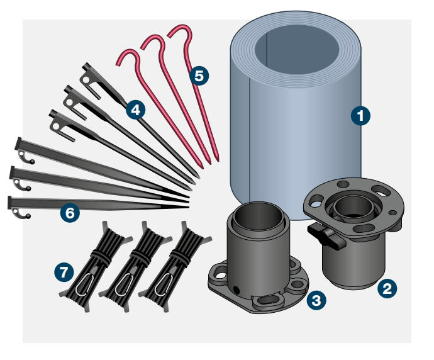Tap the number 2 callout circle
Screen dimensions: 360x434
[386, 288]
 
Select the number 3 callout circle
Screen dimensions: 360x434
[316, 300]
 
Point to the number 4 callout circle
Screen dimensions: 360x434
[135, 110]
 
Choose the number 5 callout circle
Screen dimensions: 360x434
[199, 76]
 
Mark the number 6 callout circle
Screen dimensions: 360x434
[70, 213]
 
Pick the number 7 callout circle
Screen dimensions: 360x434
[63, 273]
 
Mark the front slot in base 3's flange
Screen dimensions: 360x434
[268, 301]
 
